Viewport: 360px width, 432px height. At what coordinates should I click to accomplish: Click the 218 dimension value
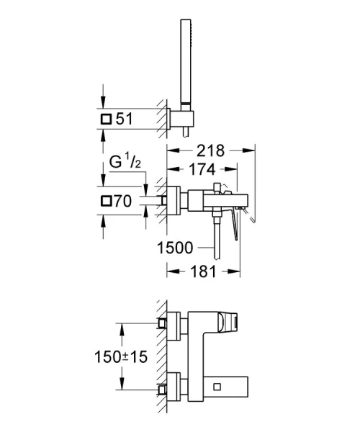click(x=210, y=150)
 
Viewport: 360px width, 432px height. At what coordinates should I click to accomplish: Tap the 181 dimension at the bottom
click(x=203, y=273)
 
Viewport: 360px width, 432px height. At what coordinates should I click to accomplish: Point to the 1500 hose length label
click(x=174, y=248)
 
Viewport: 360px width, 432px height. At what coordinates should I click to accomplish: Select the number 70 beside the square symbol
click(x=125, y=202)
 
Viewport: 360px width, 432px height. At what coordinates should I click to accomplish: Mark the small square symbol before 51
click(x=107, y=119)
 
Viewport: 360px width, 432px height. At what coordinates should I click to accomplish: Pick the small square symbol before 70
click(x=107, y=202)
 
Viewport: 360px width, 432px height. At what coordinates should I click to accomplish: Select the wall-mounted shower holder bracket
click(x=180, y=119)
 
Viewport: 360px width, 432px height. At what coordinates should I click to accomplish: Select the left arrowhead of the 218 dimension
click(x=170, y=150)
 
